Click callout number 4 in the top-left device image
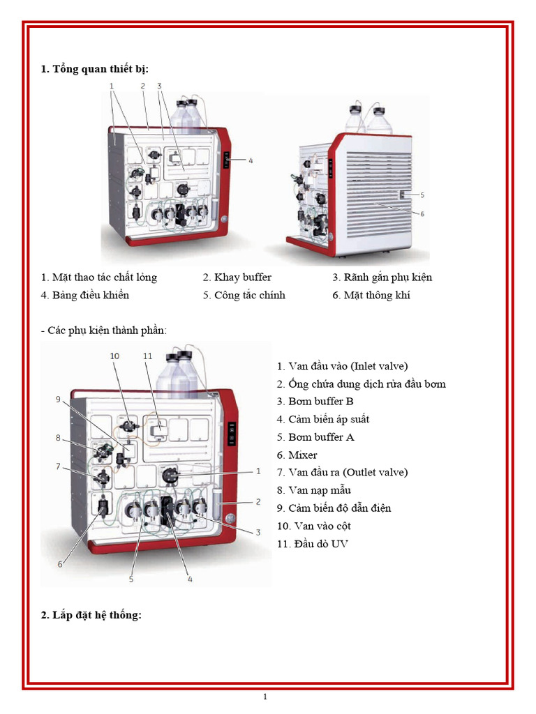(251, 160)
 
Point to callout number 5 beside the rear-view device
(422, 195)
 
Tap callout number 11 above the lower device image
(147, 356)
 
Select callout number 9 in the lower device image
(59, 399)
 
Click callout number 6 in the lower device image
(60, 564)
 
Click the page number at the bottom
(265, 696)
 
